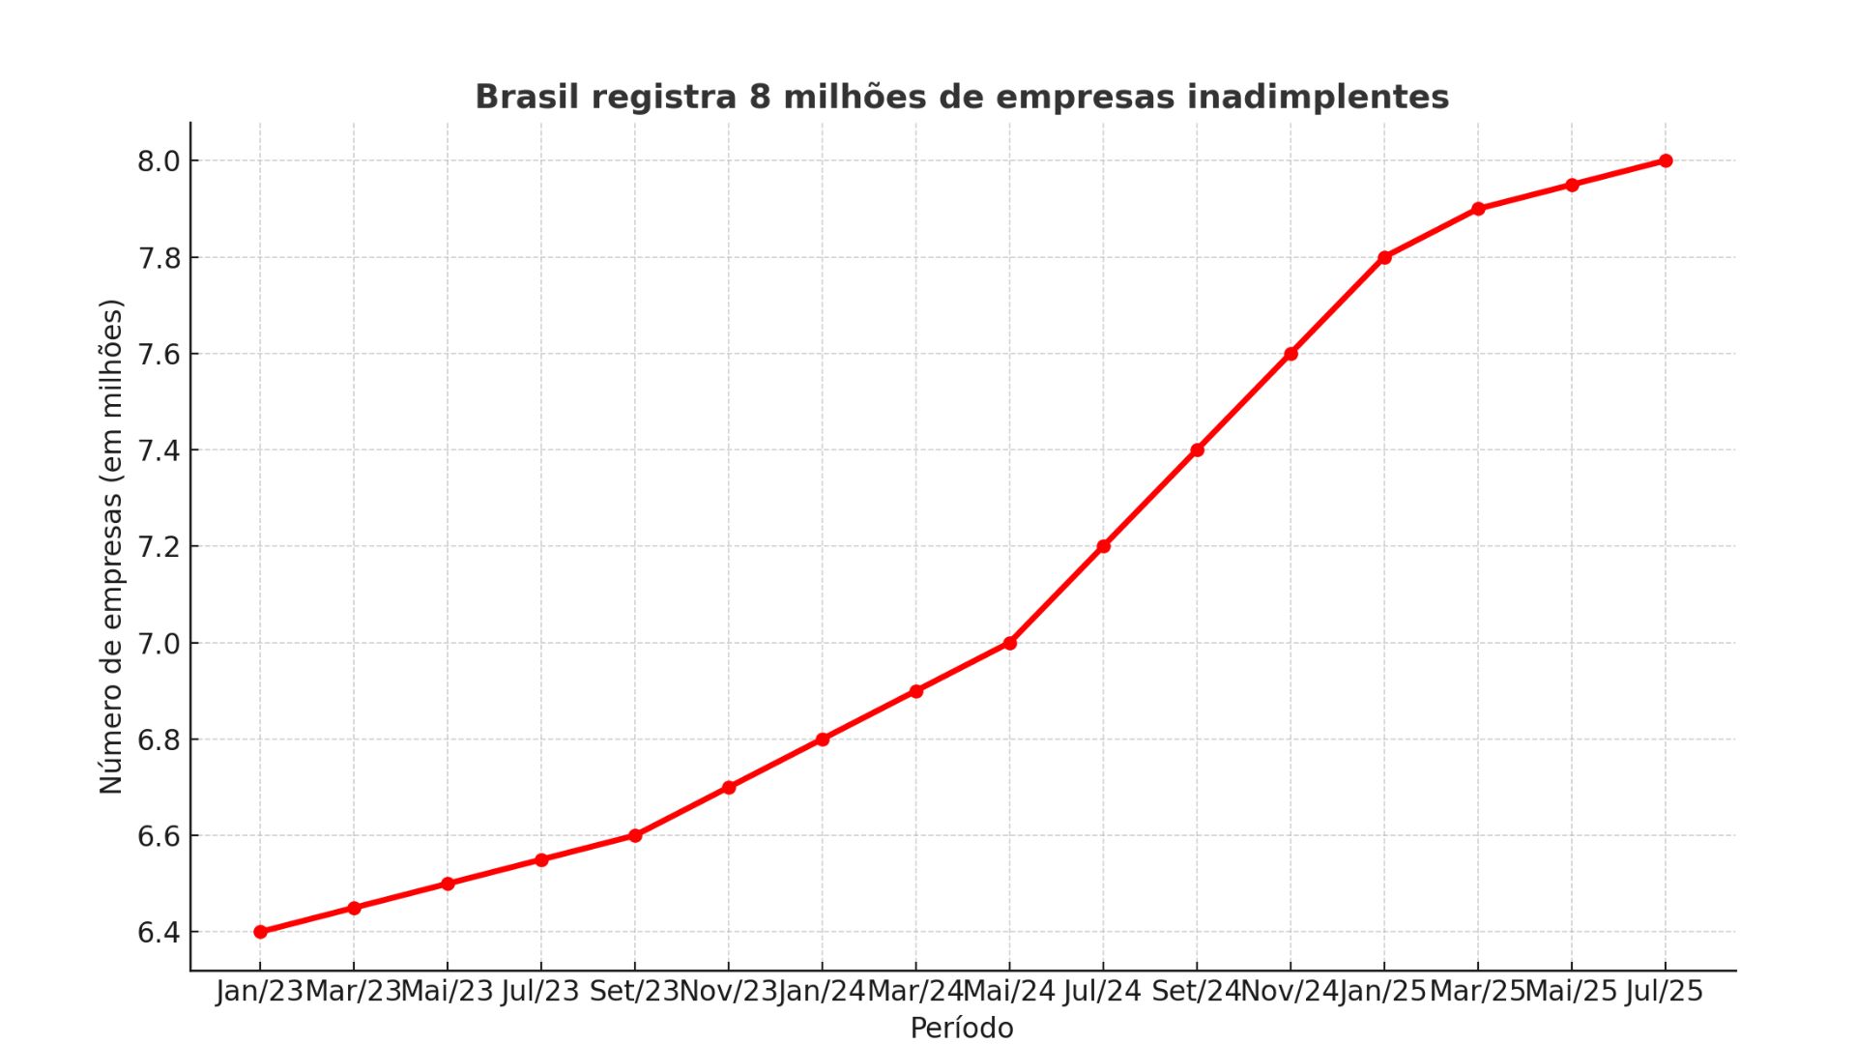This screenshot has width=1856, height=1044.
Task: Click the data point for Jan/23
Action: [x=260, y=932]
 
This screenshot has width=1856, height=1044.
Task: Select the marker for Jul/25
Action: [x=1666, y=160]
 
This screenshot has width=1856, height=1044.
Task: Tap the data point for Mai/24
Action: [x=1009, y=643]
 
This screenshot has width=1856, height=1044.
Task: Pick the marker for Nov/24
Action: [x=1290, y=354]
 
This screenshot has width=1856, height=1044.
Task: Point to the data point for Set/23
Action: [x=635, y=835]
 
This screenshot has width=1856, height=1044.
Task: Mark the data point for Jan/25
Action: [x=1384, y=257]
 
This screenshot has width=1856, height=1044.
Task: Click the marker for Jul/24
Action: [x=1103, y=546]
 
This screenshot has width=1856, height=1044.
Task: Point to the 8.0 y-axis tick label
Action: [x=159, y=161]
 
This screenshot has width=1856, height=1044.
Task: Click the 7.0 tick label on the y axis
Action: [x=159, y=644]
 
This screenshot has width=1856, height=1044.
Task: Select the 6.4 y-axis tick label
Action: [x=159, y=933]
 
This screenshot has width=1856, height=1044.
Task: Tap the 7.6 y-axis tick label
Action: [x=159, y=355]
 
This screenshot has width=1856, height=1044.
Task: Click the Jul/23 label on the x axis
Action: [x=540, y=992]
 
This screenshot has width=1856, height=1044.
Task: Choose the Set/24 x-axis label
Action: [x=1196, y=992]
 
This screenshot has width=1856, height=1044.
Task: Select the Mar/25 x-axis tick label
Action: [x=1476, y=992]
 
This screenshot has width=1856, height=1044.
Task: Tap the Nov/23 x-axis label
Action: [x=728, y=992]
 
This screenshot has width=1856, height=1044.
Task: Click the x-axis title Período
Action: [x=961, y=1028]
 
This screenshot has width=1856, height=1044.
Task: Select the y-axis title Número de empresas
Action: [x=111, y=546]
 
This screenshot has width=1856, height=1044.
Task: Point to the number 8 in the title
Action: [x=759, y=97]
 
